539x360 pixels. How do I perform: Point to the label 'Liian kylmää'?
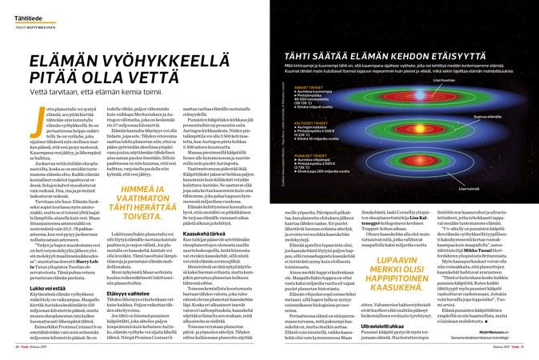coord(469,188)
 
